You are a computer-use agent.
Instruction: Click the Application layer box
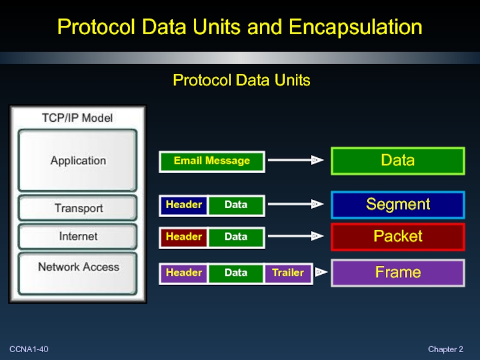tap(77, 160)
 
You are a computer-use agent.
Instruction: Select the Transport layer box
tap(77, 208)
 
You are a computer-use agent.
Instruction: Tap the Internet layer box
tap(77, 236)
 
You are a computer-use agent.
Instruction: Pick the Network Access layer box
tap(77, 273)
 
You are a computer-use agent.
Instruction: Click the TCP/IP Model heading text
tap(77, 118)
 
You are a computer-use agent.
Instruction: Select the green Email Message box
tap(212, 161)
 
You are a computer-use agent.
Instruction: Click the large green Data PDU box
tap(398, 161)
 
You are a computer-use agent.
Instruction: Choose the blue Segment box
tap(398, 205)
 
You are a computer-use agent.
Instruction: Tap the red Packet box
tap(398, 236)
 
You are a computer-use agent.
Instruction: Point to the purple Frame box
tap(398, 273)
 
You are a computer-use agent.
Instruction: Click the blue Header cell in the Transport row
tap(184, 205)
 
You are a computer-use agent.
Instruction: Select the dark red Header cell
tap(184, 237)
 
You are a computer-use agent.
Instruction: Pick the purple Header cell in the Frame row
tap(184, 274)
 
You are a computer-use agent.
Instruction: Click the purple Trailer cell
tap(288, 274)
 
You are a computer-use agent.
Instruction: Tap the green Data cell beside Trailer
tap(236, 274)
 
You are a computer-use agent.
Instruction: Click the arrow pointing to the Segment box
tap(296, 204)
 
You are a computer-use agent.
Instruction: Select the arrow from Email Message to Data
tap(296, 160)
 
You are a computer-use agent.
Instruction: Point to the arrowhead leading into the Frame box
tap(321, 272)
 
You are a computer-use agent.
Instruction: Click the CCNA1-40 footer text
tap(29, 349)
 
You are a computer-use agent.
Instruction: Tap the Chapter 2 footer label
tap(445, 349)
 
